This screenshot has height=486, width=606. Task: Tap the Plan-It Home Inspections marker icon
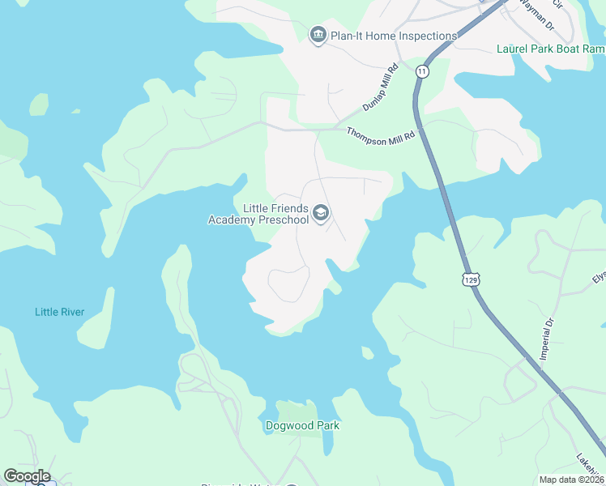[x=318, y=35]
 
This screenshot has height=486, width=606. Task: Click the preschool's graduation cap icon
[x=321, y=213]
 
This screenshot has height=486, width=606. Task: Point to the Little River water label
[x=59, y=312]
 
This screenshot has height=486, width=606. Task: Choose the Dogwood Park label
[x=302, y=425]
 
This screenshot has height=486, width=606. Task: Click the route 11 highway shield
[x=421, y=71]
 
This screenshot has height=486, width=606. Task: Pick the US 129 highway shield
[x=470, y=279]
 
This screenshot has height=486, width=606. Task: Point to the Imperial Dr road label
[x=546, y=339]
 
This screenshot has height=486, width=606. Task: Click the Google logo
[x=27, y=475]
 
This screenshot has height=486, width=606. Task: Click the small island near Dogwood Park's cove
[x=367, y=352]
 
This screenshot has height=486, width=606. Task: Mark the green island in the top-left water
[x=39, y=104]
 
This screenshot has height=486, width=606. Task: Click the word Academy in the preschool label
[x=232, y=220]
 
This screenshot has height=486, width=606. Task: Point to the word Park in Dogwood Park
[x=326, y=425]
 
